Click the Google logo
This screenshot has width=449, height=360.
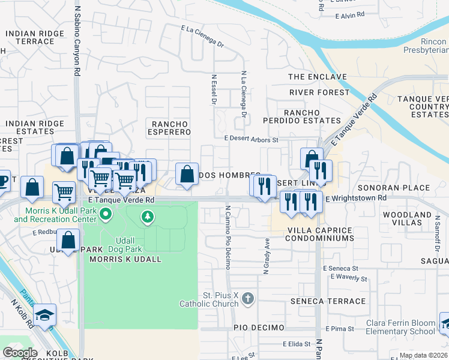pyautogui.click(x=20, y=352)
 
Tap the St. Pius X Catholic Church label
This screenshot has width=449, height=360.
pyautogui.click(x=209, y=299)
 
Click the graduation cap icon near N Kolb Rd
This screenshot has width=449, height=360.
pyautogui.click(x=44, y=315)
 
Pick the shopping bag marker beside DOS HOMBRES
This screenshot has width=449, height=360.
pyautogui.click(x=187, y=174)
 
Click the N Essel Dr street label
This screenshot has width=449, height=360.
pyautogui.click(x=213, y=89)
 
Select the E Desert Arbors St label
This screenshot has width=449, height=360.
pyautogui.click(x=252, y=139)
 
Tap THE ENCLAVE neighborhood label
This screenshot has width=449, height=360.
pyautogui.click(x=318, y=77)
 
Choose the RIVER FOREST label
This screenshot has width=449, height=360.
pyautogui.click(x=319, y=92)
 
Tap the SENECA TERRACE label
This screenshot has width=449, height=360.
pyautogui.click(x=328, y=301)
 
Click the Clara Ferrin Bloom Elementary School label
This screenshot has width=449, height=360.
pyautogui.click(x=400, y=327)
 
